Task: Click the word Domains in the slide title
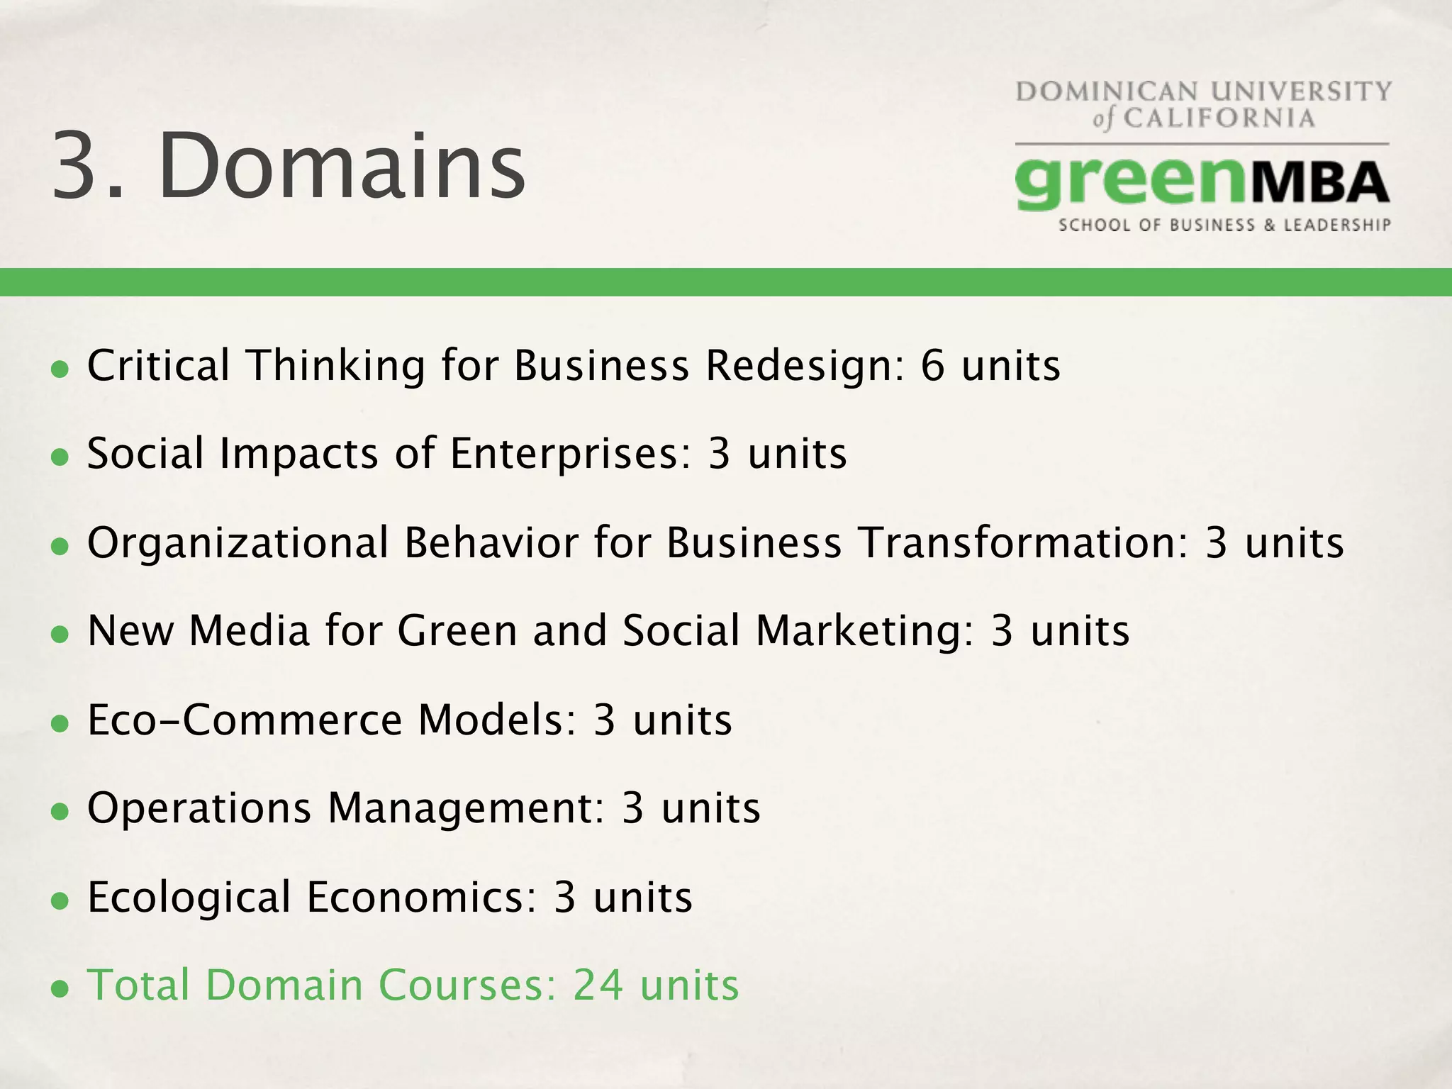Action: point(342,166)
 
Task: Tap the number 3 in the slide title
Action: point(77,166)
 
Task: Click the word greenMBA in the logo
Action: point(1202,184)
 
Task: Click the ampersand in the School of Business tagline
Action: point(1269,225)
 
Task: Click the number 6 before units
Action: point(933,366)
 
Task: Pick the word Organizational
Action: point(238,543)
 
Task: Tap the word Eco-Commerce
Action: point(245,720)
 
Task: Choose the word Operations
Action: point(199,808)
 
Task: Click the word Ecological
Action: point(189,898)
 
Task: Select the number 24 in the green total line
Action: point(598,985)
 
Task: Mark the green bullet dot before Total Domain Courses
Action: point(60,989)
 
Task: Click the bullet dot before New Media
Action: point(60,635)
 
